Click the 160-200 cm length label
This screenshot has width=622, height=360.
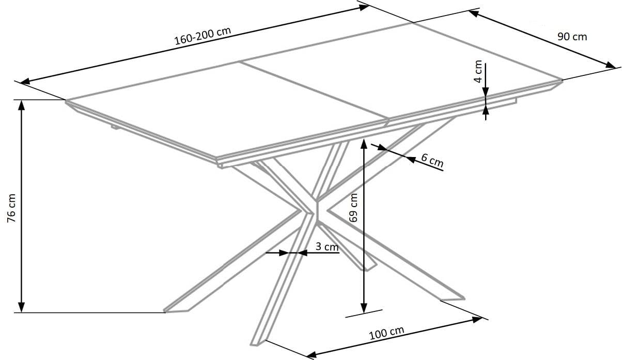[x=203, y=36]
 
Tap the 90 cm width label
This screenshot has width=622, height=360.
[x=572, y=37]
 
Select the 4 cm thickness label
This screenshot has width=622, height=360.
[x=478, y=71]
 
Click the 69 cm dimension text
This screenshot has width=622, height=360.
[x=353, y=208]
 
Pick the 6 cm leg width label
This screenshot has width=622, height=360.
[x=432, y=161]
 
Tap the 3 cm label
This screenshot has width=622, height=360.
[x=327, y=246]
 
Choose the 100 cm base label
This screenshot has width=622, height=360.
[x=386, y=333]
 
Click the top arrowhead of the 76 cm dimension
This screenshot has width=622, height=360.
[x=21, y=105]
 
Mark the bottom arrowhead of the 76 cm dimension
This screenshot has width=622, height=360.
[x=21, y=307]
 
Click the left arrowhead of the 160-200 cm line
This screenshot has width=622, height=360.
[x=25, y=81]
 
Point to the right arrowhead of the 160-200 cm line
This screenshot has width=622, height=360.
[x=364, y=7]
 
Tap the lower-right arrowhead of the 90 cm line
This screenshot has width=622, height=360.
[x=610, y=65]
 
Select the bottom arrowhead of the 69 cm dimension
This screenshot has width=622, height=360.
[x=364, y=308]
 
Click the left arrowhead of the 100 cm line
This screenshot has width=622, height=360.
[x=312, y=355]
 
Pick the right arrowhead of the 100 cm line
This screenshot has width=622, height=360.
[x=477, y=320]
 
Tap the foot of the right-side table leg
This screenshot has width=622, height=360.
[x=453, y=299]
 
